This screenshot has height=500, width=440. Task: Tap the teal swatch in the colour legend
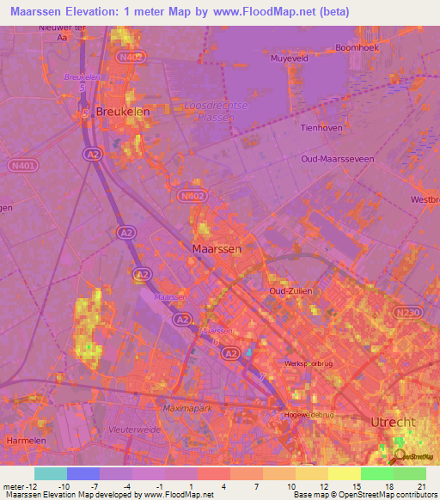pos(50,473)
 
